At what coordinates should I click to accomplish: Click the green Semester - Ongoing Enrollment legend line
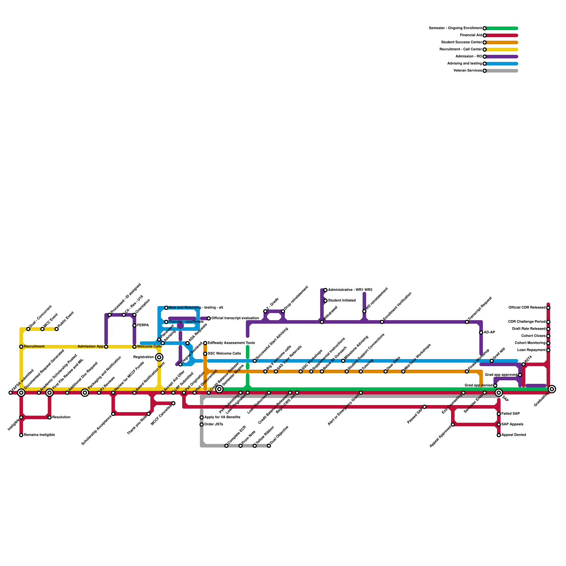pos(502,28)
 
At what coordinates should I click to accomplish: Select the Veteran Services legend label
pos(467,71)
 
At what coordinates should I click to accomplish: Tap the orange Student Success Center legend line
pos(502,42)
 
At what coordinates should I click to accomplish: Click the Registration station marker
pos(159,357)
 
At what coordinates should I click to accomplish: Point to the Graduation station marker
pos(552,389)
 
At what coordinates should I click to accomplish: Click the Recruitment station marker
pos(21,347)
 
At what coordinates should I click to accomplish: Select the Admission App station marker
pos(106,347)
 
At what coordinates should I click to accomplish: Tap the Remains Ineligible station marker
pos(21,435)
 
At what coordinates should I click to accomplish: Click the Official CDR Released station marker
pos(548,308)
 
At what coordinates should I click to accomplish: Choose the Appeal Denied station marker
pos(499,435)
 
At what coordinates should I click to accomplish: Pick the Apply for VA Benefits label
pos(222,417)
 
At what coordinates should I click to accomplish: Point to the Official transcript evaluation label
pos(235,318)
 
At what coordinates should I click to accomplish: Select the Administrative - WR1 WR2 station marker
pos(325,290)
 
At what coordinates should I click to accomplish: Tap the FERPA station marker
pos(134,325)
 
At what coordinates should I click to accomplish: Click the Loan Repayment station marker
pos(548,350)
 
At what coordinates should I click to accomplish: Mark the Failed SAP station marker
pos(499,414)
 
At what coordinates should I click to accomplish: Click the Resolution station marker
pos(50,417)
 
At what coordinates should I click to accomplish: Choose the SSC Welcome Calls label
pos(224,354)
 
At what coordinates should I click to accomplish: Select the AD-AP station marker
pos(481,333)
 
